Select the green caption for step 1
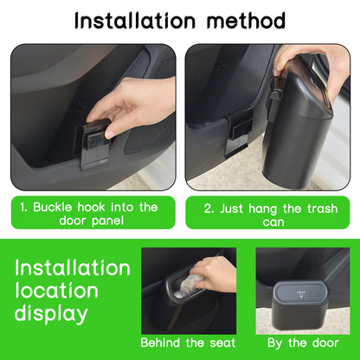[93, 214]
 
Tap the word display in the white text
[53, 312]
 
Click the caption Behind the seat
[188, 342]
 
